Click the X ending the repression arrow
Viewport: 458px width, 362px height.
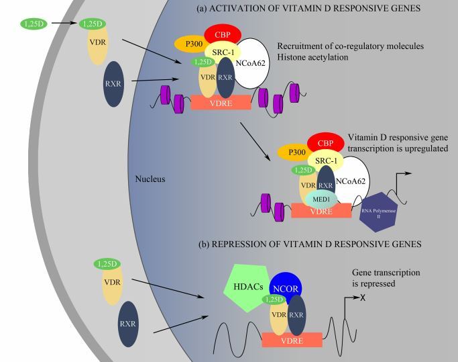tap(363, 298)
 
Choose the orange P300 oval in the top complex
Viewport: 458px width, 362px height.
tap(191, 43)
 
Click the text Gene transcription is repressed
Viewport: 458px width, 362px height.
tap(386, 278)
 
